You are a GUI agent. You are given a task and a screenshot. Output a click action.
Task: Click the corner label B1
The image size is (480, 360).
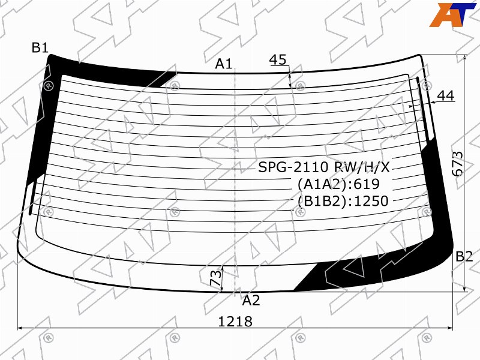[x=40, y=48]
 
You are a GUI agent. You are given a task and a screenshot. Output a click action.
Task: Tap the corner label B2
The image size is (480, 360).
[x=464, y=256]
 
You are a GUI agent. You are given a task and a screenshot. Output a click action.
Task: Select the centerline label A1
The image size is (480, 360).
[x=224, y=64]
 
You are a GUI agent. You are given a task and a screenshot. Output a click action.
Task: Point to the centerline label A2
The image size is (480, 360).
[x=251, y=301]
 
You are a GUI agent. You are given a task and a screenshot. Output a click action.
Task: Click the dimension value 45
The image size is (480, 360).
[x=278, y=59]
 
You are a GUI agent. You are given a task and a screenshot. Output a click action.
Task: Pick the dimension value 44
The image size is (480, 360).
[x=446, y=96]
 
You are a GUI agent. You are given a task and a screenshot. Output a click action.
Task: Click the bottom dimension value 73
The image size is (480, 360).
[x=216, y=278]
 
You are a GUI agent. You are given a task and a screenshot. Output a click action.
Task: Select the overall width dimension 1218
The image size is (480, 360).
[x=235, y=322]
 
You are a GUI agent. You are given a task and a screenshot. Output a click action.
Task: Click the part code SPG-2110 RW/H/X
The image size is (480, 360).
[x=324, y=167]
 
